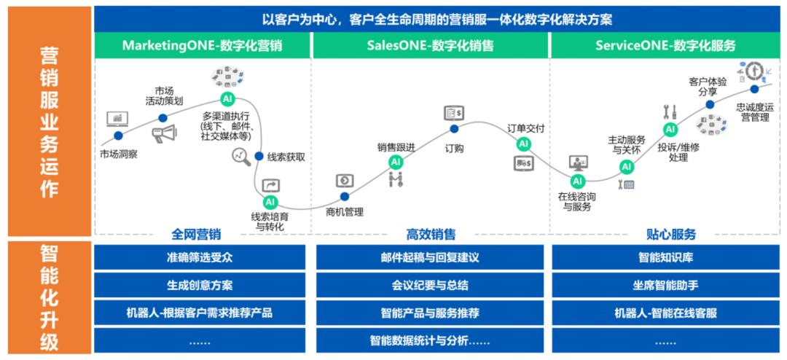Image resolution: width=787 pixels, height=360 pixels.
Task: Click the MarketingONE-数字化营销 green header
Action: [x=202, y=45]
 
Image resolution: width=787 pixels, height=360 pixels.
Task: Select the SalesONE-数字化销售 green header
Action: [x=430, y=45]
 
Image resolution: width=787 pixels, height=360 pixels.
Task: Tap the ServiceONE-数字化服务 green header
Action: [x=665, y=45]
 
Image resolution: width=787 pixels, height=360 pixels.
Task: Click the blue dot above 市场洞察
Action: [x=118, y=136]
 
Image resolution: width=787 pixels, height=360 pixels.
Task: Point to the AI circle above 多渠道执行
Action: [x=227, y=98]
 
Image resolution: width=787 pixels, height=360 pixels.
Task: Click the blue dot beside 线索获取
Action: [x=259, y=156]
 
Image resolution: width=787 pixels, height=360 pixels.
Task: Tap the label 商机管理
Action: [x=345, y=212]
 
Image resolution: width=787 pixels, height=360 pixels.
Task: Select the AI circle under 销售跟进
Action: [x=396, y=162]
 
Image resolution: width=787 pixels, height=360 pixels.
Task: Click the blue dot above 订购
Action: [x=454, y=129]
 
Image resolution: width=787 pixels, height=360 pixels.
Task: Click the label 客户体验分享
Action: [x=708, y=87]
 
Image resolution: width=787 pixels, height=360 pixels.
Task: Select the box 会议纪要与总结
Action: [x=430, y=285]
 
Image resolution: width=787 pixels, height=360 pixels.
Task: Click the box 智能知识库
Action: [x=665, y=257]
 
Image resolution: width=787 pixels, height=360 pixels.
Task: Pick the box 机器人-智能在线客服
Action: [x=665, y=313]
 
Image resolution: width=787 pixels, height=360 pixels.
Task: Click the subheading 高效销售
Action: [x=431, y=235]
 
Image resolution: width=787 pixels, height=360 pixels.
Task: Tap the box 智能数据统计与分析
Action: [x=430, y=340]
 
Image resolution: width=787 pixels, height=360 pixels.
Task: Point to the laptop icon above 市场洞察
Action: [x=117, y=118]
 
